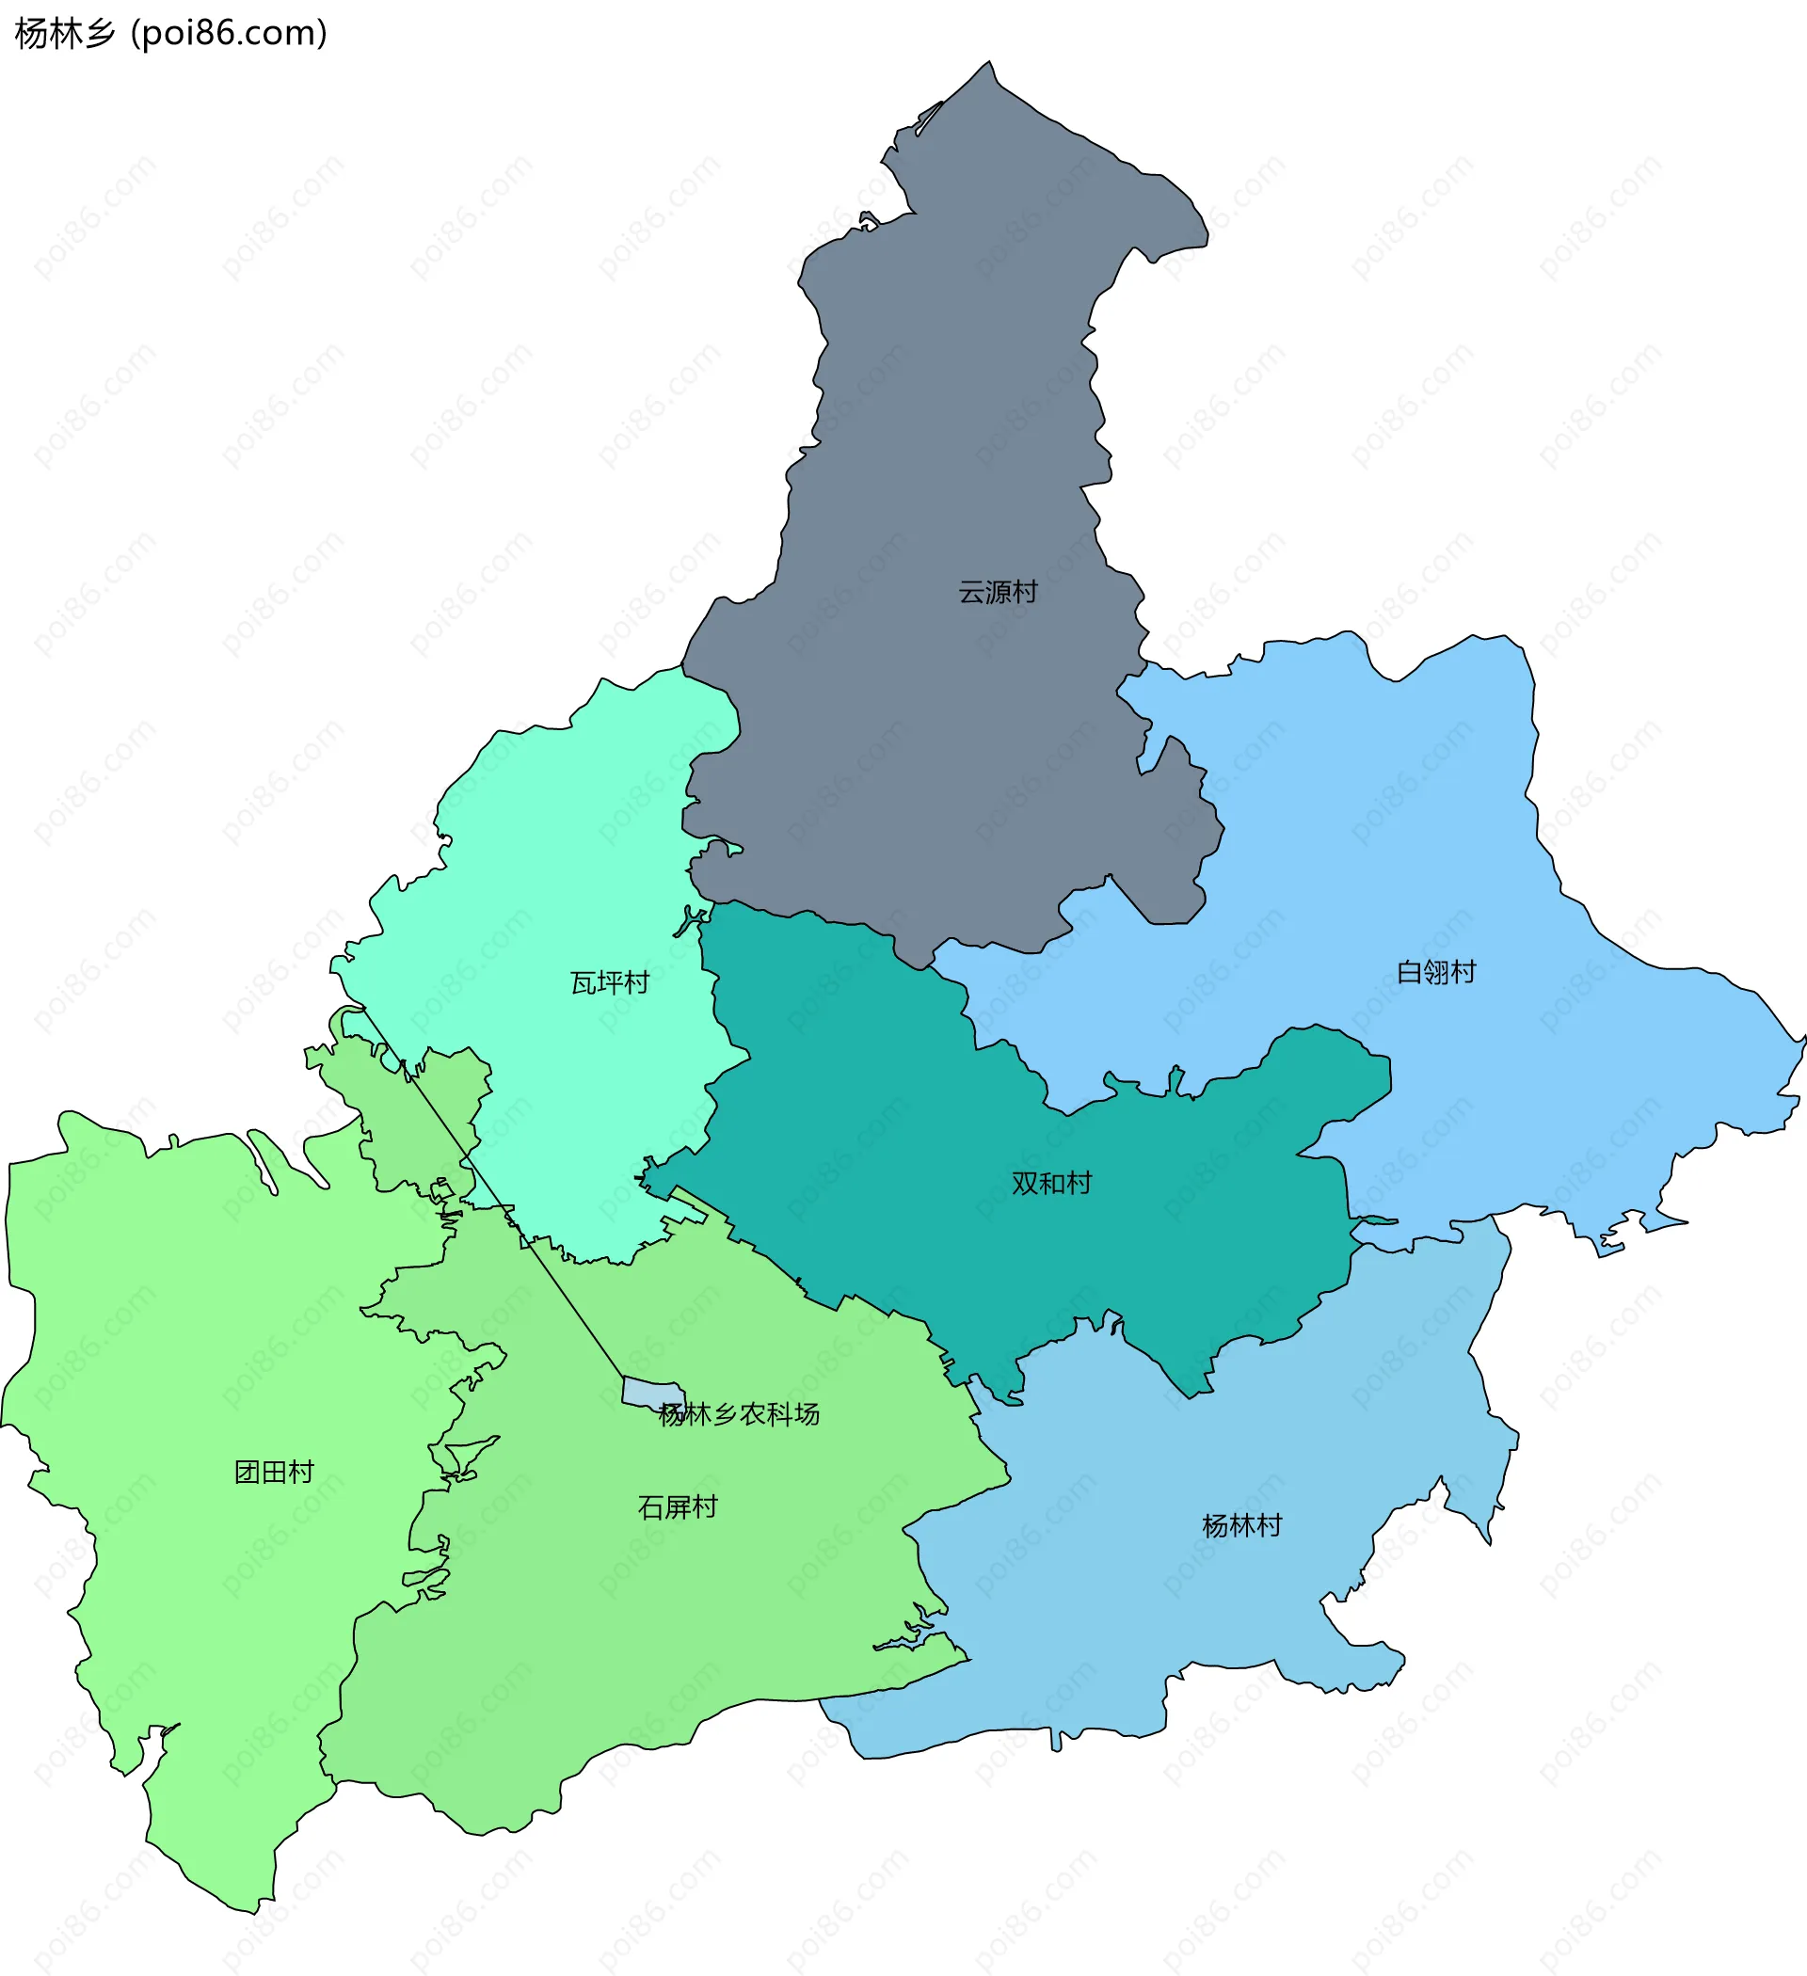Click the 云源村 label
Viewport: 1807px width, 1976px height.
click(997, 593)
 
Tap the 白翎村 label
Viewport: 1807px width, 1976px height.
click(1435, 972)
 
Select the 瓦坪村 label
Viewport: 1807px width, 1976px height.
click(610, 983)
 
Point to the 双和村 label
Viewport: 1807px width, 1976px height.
click(1051, 1184)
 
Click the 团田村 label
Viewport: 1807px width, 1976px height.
click(275, 1473)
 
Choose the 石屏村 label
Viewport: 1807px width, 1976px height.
click(678, 1507)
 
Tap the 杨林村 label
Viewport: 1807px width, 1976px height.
click(1241, 1526)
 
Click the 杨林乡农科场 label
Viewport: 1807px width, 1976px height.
click(740, 1414)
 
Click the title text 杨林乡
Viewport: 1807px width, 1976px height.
click(65, 34)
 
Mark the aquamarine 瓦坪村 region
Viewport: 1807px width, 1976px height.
click(549, 883)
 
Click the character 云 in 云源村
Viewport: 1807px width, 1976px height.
click(970, 593)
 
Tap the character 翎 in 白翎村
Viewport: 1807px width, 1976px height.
click(1435, 972)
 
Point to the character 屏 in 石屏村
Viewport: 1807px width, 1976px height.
click(678, 1507)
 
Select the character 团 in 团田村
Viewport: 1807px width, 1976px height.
click(248, 1473)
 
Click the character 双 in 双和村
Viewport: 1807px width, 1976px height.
click(1025, 1184)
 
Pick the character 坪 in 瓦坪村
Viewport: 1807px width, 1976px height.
click(610, 983)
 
